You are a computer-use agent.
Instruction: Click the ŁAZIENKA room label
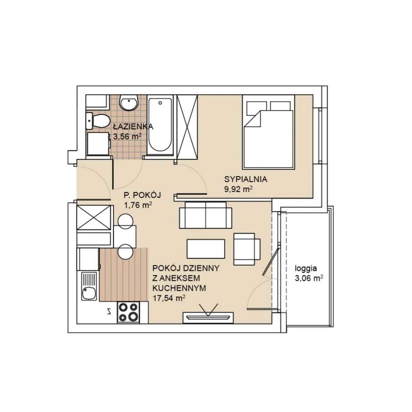click(x=133, y=127)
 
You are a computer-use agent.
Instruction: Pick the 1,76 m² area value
click(x=138, y=205)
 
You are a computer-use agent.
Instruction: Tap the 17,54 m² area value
click(x=169, y=298)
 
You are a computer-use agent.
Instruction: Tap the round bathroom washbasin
click(x=130, y=104)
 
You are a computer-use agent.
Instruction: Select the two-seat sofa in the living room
click(x=205, y=215)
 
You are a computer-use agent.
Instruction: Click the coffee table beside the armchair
click(x=206, y=248)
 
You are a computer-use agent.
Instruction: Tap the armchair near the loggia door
click(x=247, y=248)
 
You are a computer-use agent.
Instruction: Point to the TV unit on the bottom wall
click(x=208, y=317)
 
